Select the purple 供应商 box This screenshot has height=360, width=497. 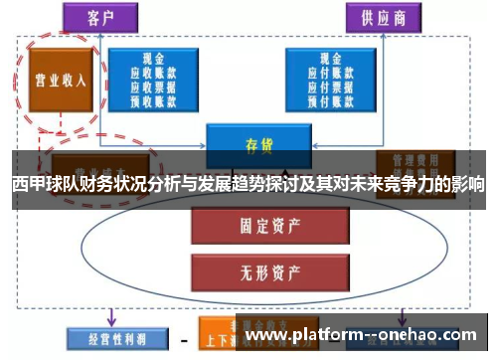[382, 18]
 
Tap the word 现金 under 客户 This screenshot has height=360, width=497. [153, 60]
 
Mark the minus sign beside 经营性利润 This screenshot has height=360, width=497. [184, 340]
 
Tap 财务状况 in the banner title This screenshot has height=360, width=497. [115, 185]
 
